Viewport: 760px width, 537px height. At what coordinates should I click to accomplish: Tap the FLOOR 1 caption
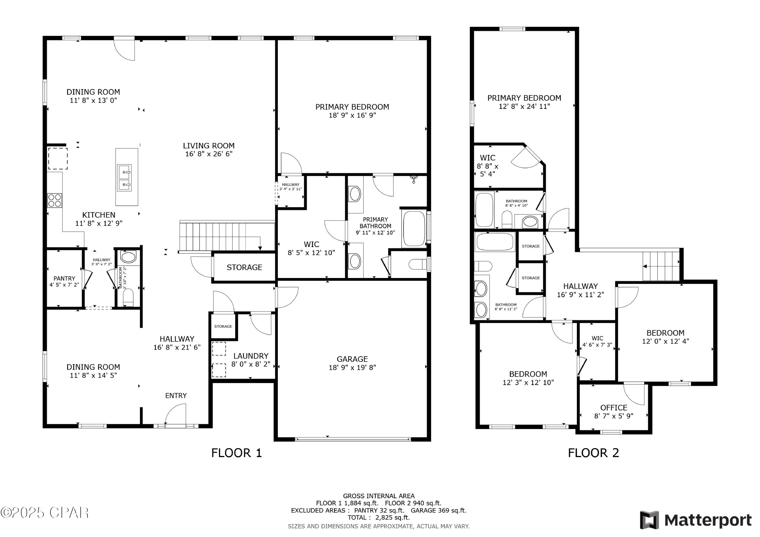pyautogui.click(x=237, y=453)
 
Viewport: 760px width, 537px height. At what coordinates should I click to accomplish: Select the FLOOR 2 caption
pyautogui.click(x=594, y=453)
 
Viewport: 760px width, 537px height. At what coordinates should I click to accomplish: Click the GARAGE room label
pyautogui.click(x=352, y=359)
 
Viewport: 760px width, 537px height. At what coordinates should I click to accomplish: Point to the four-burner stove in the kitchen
pyautogui.click(x=55, y=201)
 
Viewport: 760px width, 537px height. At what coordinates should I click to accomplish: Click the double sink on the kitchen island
pyautogui.click(x=124, y=178)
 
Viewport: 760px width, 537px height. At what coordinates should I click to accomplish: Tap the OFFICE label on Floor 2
pyautogui.click(x=614, y=408)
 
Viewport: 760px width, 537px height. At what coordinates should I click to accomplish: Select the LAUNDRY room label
pyautogui.click(x=251, y=356)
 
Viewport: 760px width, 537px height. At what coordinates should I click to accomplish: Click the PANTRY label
pyautogui.click(x=64, y=279)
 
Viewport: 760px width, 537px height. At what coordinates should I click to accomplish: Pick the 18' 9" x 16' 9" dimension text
pyautogui.click(x=352, y=115)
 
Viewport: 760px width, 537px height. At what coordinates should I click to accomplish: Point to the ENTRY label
pyautogui.click(x=176, y=396)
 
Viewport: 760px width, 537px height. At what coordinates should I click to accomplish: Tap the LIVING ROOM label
pyautogui.click(x=208, y=146)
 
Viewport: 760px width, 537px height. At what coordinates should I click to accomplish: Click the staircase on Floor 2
pyautogui.click(x=661, y=266)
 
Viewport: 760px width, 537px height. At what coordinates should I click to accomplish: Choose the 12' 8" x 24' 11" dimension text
pyautogui.click(x=524, y=107)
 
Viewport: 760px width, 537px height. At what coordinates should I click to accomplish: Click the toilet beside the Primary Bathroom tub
pyautogui.click(x=419, y=264)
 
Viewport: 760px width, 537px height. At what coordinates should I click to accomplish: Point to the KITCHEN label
pyautogui.click(x=99, y=215)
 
